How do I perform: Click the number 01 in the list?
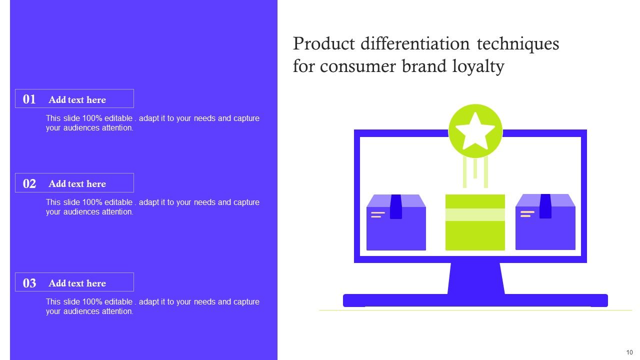coord(29,99)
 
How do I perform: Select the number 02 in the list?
coord(29,183)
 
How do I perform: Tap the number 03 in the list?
coord(29,283)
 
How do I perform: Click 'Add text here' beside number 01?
coord(77,99)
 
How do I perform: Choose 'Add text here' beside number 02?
coord(77,183)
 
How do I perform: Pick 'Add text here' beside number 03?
coord(77,283)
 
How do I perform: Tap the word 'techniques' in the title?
coord(518,44)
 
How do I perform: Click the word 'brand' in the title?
coord(424,66)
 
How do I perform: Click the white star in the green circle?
coord(475,131)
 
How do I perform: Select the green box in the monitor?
coord(475,235)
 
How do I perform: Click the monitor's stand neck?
coord(475,278)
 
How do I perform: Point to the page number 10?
coord(629,352)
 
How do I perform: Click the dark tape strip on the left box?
coord(396,206)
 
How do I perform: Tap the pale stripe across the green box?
coord(475,214)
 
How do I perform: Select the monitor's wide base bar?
coord(475,300)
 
